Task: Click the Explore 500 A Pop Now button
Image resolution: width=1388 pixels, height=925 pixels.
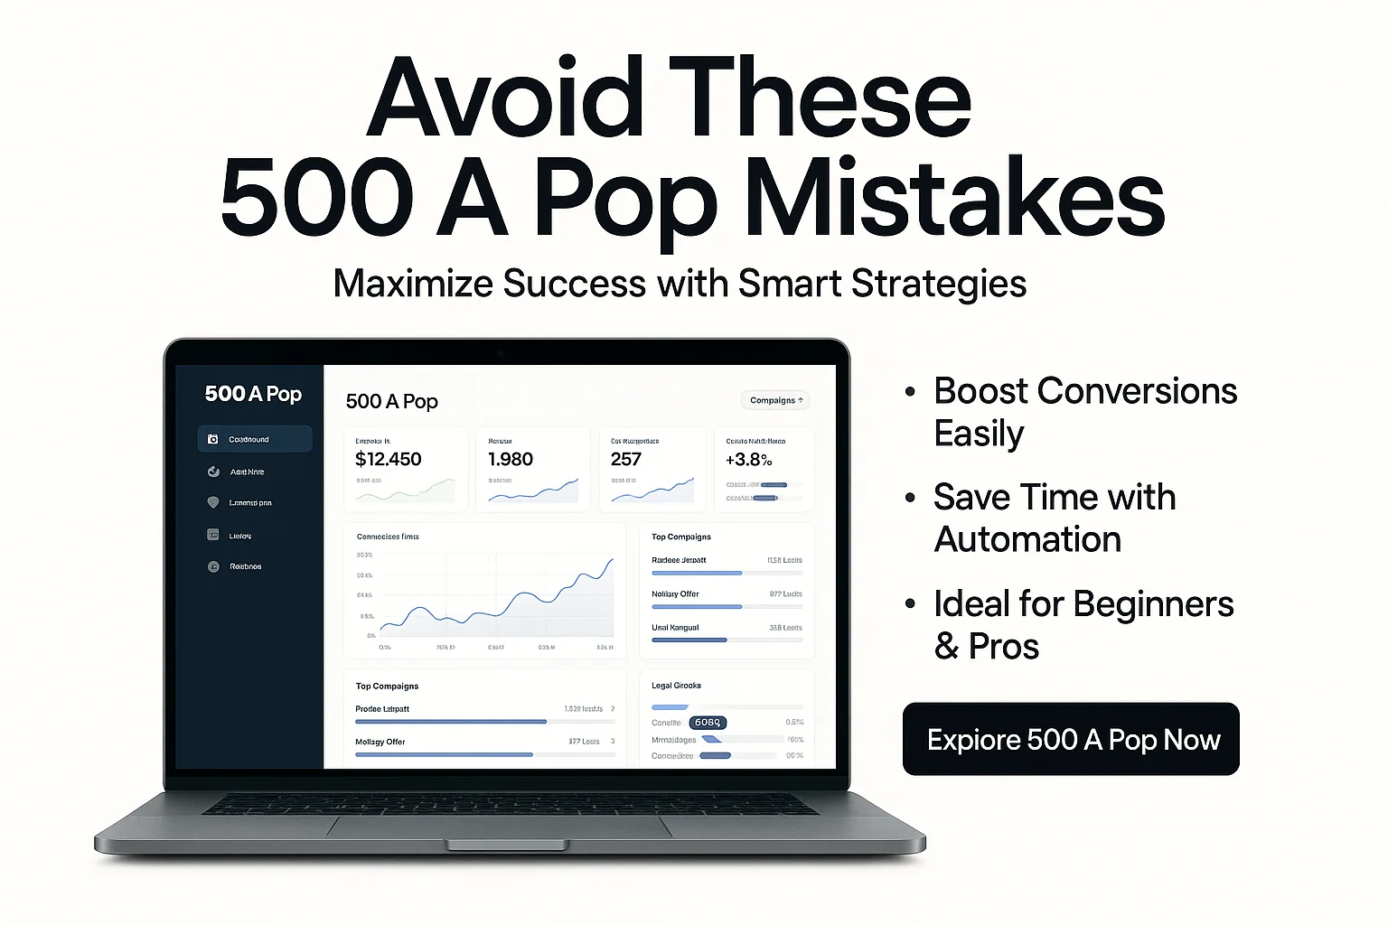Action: pos(1071,739)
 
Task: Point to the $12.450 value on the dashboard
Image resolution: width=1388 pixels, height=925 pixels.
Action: pos(389,459)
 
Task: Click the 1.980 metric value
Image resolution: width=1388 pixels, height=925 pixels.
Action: pos(511,459)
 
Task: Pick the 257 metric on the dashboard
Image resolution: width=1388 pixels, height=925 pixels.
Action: pos(625,459)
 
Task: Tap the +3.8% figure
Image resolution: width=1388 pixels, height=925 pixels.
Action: pos(748,459)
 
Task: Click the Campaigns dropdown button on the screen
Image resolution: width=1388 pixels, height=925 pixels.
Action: pos(775,400)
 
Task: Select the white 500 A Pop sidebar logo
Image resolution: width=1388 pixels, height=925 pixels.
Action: pos(253,394)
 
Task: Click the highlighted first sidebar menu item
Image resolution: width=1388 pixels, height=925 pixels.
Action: pos(254,439)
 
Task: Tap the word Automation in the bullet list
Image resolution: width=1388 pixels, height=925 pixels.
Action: pos(1027,539)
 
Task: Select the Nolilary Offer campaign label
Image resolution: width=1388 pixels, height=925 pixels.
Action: pos(675,594)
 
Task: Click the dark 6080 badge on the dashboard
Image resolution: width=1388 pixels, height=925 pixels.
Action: pos(708,723)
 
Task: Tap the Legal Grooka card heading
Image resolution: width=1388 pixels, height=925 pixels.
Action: pos(676,686)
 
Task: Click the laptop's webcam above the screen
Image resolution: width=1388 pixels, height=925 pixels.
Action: pos(500,351)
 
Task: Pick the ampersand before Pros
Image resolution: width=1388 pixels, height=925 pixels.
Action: pos(946,647)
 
